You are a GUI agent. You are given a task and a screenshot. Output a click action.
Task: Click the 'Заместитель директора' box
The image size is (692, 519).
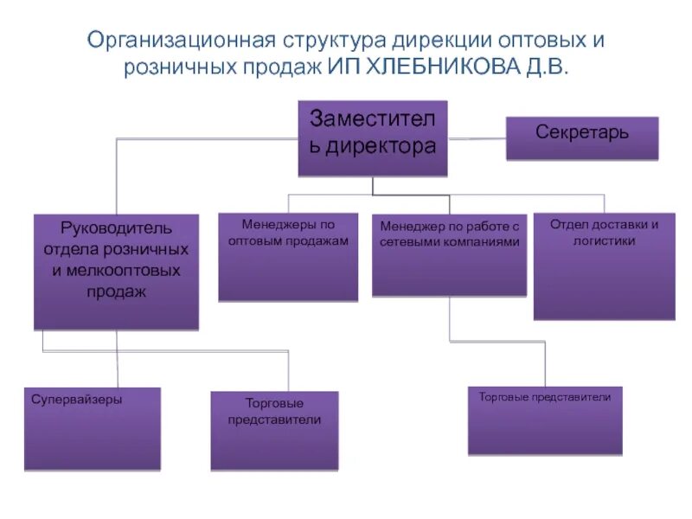(x=373, y=138)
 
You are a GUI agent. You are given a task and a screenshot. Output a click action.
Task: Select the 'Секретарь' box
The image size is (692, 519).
(x=582, y=138)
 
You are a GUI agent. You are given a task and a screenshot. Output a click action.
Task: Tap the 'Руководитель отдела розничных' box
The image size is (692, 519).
(x=116, y=272)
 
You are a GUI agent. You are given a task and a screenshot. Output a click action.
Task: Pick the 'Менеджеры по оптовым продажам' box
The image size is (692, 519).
(x=288, y=257)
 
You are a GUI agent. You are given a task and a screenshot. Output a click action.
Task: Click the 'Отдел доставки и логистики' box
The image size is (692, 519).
(x=604, y=266)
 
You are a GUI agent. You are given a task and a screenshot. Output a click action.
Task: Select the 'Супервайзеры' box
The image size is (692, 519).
(x=93, y=428)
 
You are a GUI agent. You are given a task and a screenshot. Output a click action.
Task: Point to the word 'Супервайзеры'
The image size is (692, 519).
(x=77, y=400)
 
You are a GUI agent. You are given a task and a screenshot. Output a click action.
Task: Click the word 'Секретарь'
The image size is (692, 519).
(x=582, y=132)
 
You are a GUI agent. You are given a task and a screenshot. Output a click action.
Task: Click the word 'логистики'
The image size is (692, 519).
(x=604, y=240)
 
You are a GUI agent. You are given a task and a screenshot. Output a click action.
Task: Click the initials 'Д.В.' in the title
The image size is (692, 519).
(x=543, y=67)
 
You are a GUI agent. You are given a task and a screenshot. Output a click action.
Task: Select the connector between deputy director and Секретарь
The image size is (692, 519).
(x=477, y=138)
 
